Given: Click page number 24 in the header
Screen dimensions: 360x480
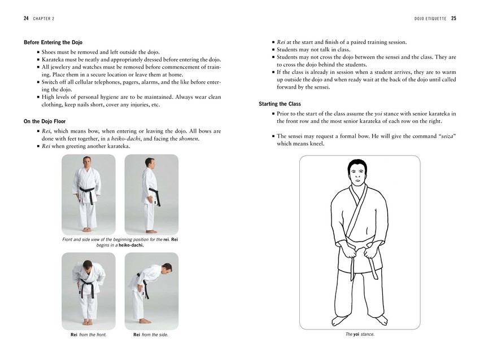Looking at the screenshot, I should [x=27, y=18].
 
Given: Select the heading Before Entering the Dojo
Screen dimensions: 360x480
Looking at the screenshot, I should [x=54, y=42].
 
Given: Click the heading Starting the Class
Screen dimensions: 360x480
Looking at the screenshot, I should [x=280, y=104].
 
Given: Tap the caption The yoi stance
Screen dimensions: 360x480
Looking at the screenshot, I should [x=360, y=334].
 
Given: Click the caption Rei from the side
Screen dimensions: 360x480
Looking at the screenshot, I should [x=151, y=335].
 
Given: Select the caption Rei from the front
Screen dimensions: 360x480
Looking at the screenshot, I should [x=85, y=335].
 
